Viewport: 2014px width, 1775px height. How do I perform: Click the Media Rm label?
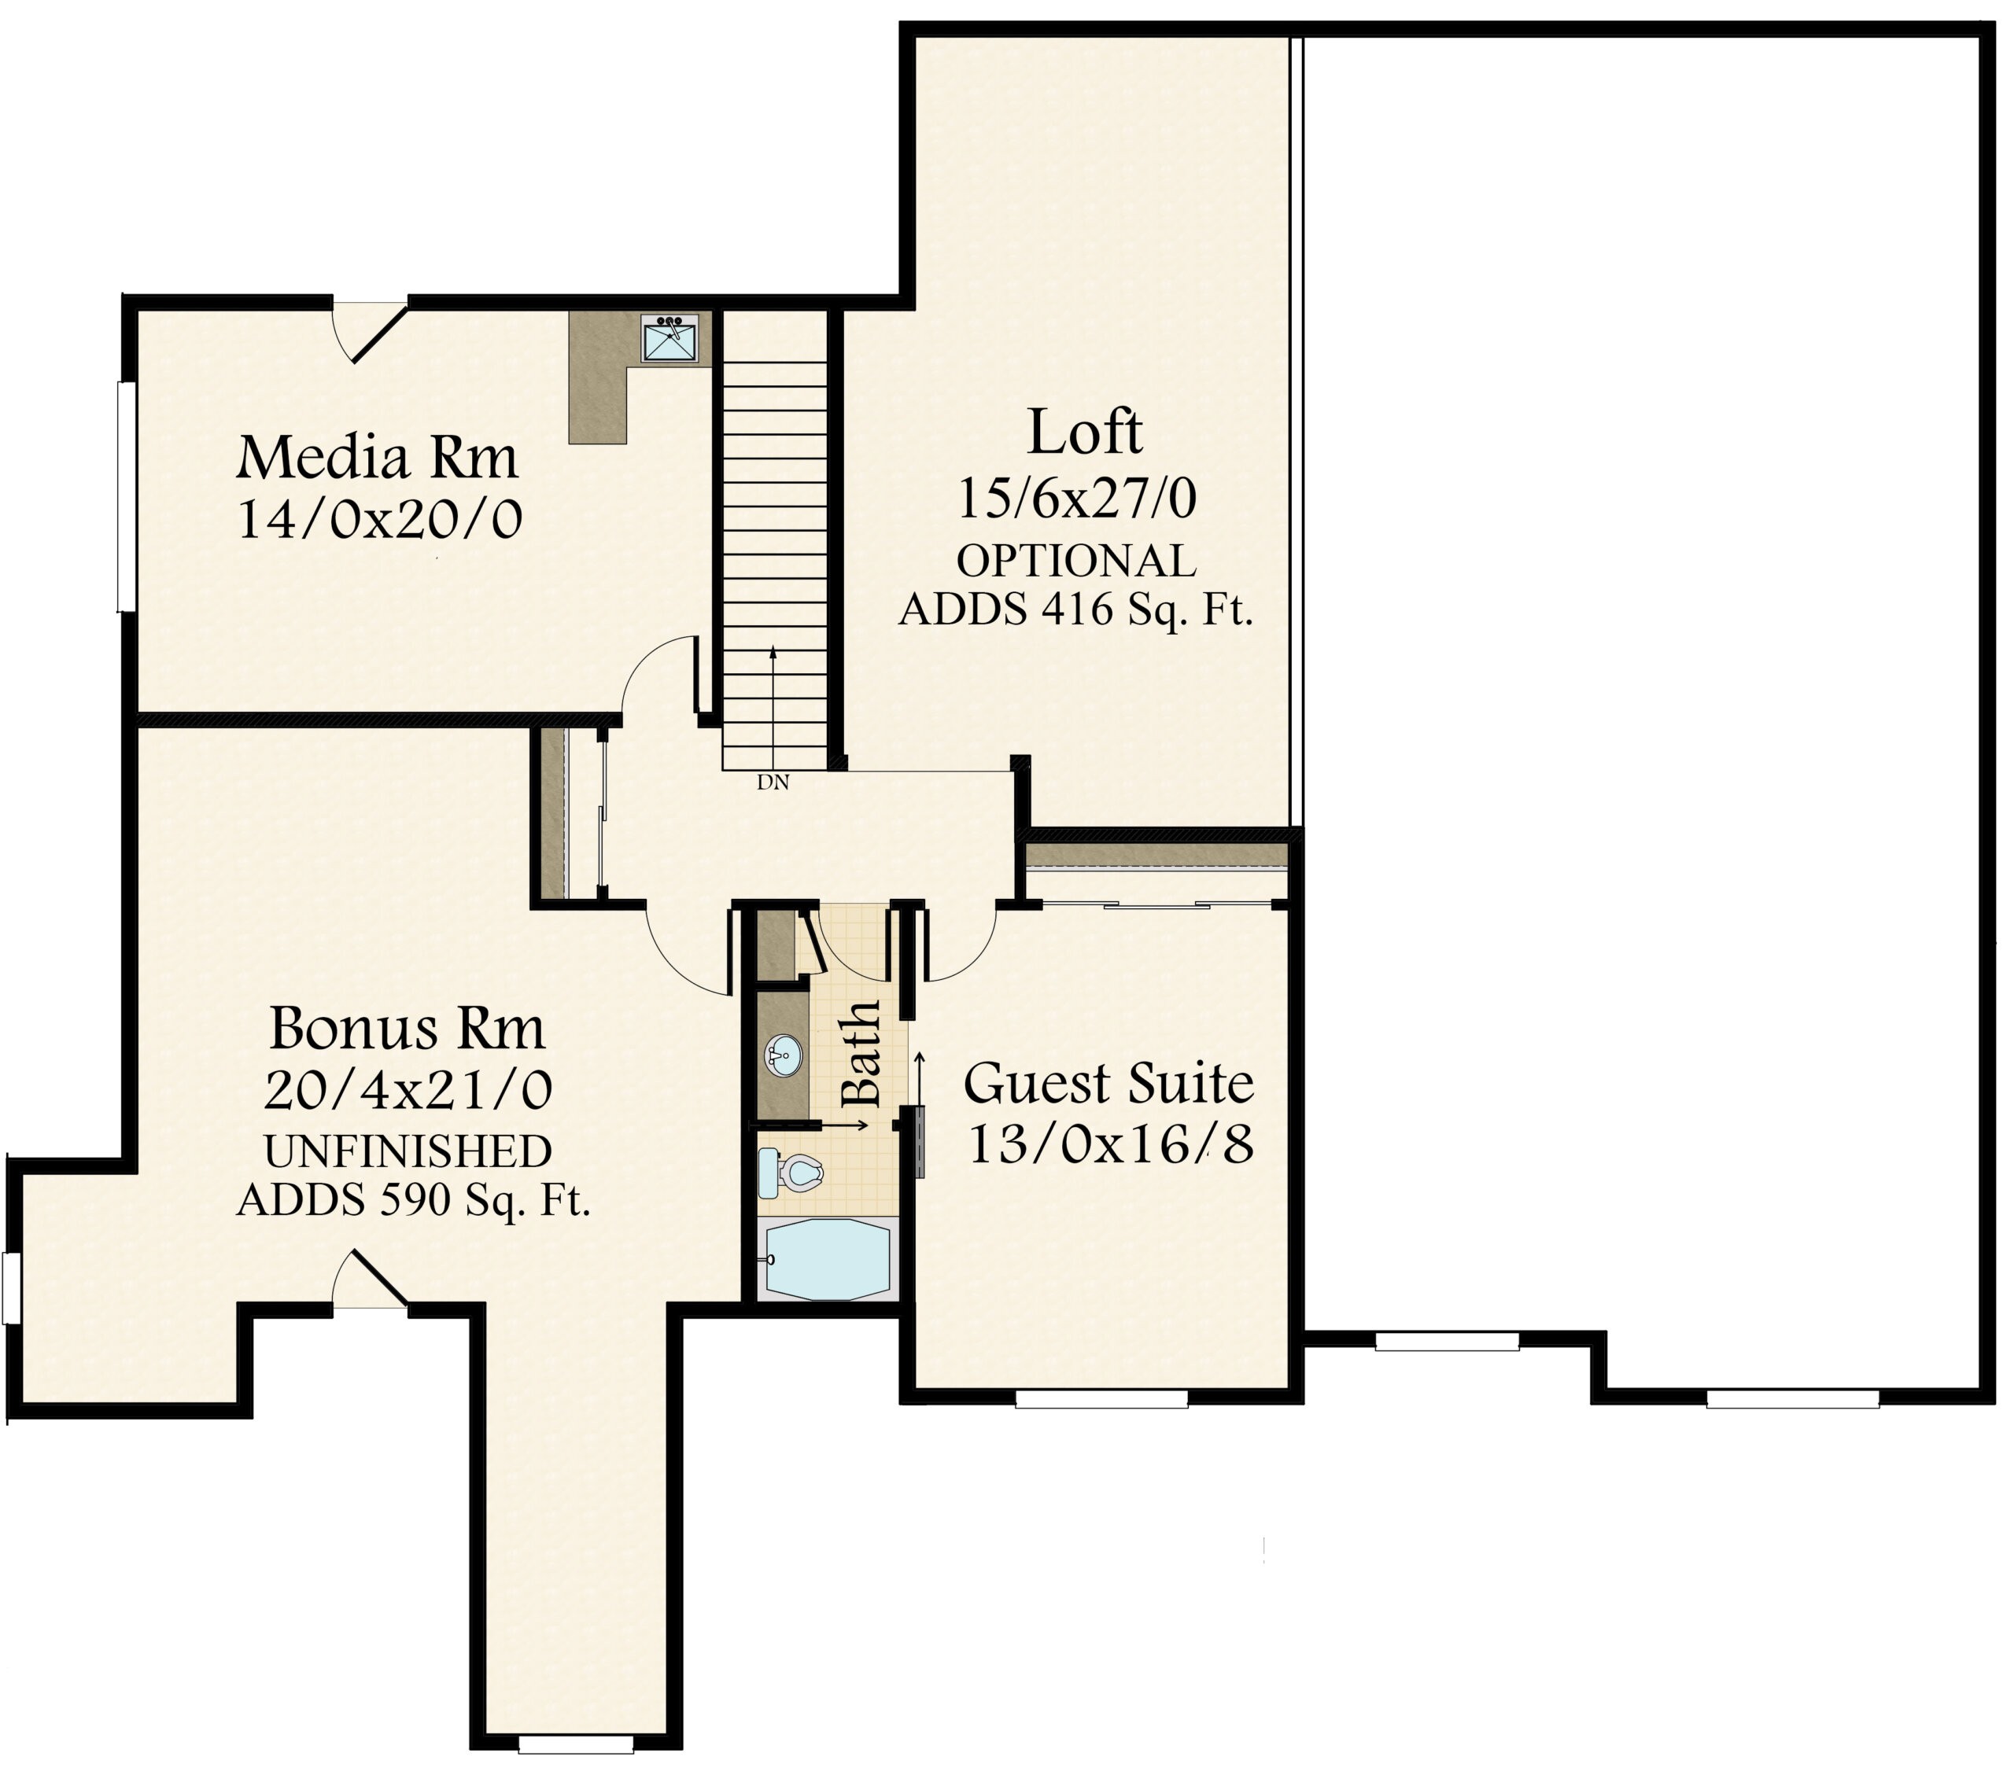click(378, 458)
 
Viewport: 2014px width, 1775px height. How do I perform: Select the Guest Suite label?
click(1108, 1084)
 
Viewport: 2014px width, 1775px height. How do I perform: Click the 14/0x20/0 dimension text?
click(379, 519)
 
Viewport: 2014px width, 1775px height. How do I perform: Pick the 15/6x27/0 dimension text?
click(1077, 499)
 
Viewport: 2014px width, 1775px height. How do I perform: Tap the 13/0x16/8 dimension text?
click(1112, 1144)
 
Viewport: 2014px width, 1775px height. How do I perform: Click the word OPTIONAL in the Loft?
click(1076, 562)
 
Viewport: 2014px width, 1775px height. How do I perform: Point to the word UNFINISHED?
click(408, 1151)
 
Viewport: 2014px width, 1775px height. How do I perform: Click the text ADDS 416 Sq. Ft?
click(1076, 611)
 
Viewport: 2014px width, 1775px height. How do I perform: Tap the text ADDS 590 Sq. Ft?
click(414, 1200)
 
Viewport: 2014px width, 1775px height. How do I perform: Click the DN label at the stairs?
click(773, 783)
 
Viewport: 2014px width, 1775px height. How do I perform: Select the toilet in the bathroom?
click(790, 1173)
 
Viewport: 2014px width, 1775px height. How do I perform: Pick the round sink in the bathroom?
click(784, 1056)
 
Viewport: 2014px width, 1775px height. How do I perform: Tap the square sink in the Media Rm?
click(671, 339)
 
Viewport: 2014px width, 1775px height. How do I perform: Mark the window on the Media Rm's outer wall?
click(125, 498)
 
